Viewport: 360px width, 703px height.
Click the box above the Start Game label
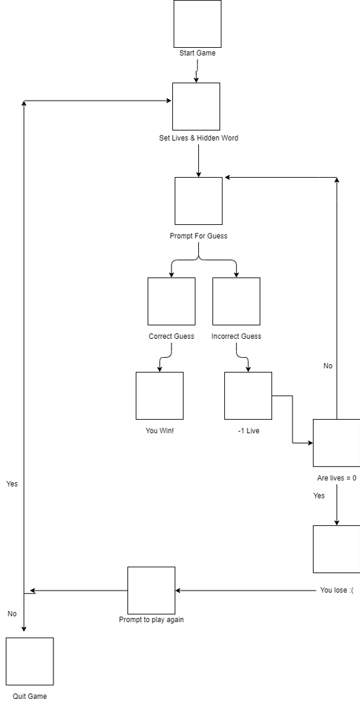[198, 23]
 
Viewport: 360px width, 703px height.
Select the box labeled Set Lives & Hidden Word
[196, 106]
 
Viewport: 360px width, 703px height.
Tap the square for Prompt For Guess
[198, 200]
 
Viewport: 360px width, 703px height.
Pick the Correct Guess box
[172, 301]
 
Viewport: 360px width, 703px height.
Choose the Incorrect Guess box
[236, 301]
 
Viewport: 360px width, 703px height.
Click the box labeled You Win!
[160, 396]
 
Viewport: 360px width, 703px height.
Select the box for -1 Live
[248, 396]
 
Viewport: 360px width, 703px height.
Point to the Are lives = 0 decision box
[336, 443]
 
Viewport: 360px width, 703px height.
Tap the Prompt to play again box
[151, 591]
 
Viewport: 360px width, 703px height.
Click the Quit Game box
[30, 661]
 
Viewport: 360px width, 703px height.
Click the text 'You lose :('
[337, 590]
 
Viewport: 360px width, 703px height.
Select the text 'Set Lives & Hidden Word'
[198, 138]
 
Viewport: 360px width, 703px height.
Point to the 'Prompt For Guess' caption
[198, 236]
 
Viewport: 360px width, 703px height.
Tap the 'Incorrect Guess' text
[236, 336]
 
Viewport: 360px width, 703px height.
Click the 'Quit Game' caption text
[30, 696]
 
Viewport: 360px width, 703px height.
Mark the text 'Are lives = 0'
[337, 478]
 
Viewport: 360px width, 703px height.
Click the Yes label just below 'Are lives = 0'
[319, 496]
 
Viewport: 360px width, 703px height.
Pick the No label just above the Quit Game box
[12, 614]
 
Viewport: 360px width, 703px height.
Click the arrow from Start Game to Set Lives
[197, 70]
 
